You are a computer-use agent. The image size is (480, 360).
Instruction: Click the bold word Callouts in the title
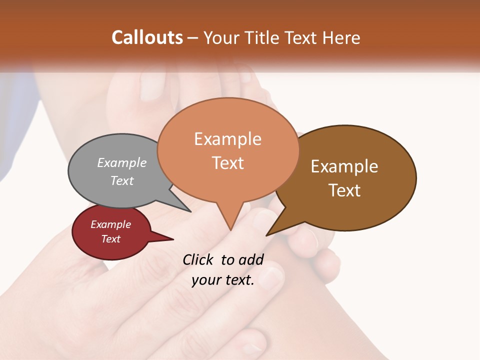[x=147, y=37]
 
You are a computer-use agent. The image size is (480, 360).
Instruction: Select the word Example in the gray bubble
[x=121, y=162]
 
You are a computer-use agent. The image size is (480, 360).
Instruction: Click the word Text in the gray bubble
[x=121, y=180]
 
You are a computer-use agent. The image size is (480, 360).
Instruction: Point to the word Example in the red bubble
[x=110, y=224]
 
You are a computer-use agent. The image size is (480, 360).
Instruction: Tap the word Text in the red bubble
[x=110, y=239]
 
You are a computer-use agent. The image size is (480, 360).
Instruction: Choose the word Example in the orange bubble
[x=227, y=139]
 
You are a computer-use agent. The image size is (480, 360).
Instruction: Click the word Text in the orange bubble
[x=227, y=163]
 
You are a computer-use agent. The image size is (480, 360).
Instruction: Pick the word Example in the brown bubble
[x=344, y=166]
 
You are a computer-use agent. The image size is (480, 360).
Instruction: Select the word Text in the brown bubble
[x=344, y=190]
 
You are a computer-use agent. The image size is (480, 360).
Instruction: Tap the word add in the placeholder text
[x=251, y=259]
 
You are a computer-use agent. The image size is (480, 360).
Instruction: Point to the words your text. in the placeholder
[x=222, y=280]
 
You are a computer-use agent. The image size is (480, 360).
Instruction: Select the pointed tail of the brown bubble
[x=270, y=232]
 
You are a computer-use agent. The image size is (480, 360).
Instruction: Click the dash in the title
[x=193, y=37]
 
